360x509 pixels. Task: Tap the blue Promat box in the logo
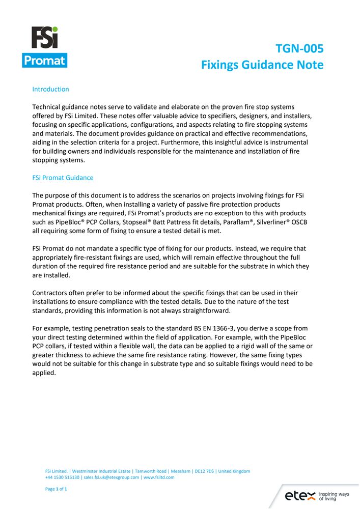pos(45,61)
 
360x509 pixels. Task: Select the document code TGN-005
pos(299,49)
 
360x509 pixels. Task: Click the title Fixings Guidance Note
pos(262,65)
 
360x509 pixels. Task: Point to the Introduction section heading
pos(50,89)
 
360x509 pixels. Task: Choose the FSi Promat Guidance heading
pos(63,178)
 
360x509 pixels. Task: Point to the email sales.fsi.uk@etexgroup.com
pos(112,477)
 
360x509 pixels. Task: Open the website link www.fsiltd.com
pos(159,477)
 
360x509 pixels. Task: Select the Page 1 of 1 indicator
pos(56,489)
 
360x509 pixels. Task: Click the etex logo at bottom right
pos(300,495)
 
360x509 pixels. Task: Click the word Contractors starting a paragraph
pos(51,293)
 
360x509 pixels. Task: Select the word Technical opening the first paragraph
pos(48,107)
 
